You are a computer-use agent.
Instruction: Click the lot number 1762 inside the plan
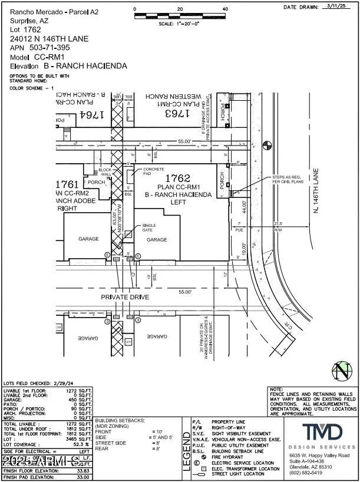tap(176, 177)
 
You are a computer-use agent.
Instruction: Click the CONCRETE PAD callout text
tap(154, 172)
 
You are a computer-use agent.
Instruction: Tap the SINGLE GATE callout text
tap(148, 227)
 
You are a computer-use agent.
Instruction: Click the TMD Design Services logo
tap(321, 433)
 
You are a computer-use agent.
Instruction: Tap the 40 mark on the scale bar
tap(225, 9)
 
